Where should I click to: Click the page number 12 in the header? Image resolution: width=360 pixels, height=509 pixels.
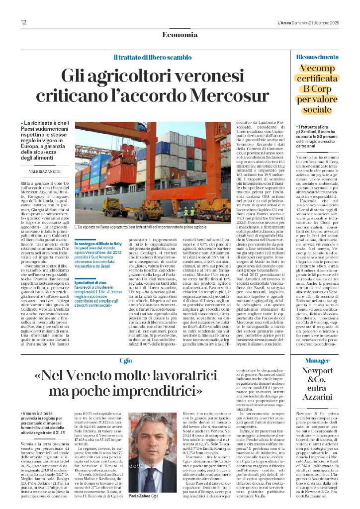23,22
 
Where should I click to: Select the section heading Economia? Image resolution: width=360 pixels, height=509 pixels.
180,34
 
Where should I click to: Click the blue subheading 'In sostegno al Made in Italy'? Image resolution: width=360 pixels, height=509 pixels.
97,243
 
